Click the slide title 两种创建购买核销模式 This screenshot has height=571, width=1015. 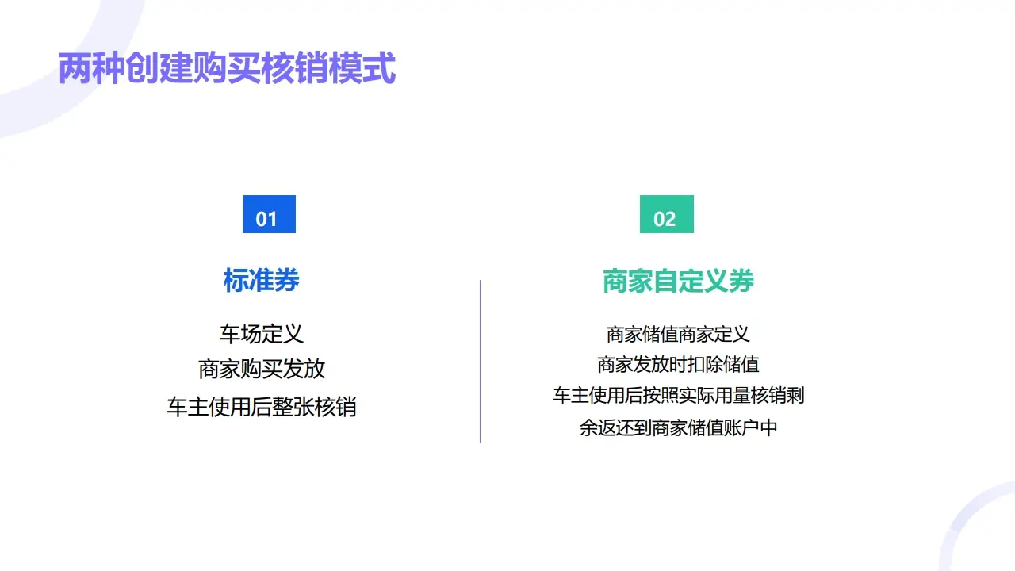tap(227, 69)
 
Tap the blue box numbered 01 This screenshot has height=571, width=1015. tap(269, 214)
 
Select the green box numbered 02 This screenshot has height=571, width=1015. tap(666, 214)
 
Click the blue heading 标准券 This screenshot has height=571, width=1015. tap(261, 281)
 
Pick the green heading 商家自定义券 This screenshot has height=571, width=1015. tap(678, 281)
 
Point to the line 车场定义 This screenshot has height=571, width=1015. tap(261, 333)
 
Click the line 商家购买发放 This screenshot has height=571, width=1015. tap(261, 370)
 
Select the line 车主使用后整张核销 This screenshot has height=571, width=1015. tap(261, 407)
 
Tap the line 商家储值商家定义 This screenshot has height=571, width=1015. tap(678, 334)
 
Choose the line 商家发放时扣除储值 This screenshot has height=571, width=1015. tap(678, 364)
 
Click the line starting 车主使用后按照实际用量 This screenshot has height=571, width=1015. tap(678, 395)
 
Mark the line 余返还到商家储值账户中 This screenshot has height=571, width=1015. tap(678, 428)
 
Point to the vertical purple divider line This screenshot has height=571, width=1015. tap(480, 361)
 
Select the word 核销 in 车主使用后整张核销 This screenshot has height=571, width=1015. tap(337, 407)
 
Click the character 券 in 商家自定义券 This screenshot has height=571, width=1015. tap(741, 281)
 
